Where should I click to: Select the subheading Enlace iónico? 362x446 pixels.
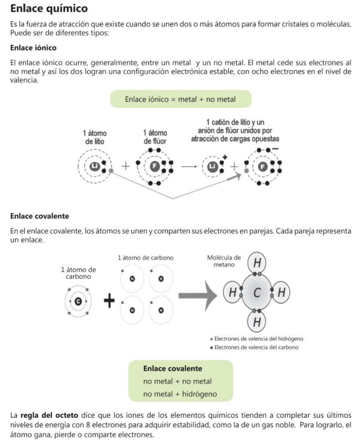tap(33, 47)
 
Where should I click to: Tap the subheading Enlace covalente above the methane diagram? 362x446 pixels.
tap(39, 216)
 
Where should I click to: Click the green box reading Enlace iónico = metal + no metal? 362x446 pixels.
tap(180, 99)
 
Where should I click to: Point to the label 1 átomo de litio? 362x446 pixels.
tap(94, 137)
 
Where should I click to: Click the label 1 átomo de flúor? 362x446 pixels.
tap(155, 137)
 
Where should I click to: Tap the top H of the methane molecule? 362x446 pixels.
tap(257, 264)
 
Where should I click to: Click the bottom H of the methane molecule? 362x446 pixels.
tap(257, 322)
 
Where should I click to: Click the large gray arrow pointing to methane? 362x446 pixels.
tap(198, 296)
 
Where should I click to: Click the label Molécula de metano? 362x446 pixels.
tap(224, 261)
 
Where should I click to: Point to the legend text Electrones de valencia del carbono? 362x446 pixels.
tap(256, 348)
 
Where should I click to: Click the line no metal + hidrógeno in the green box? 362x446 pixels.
tap(180, 394)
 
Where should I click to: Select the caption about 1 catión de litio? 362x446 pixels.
tap(235, 130)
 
